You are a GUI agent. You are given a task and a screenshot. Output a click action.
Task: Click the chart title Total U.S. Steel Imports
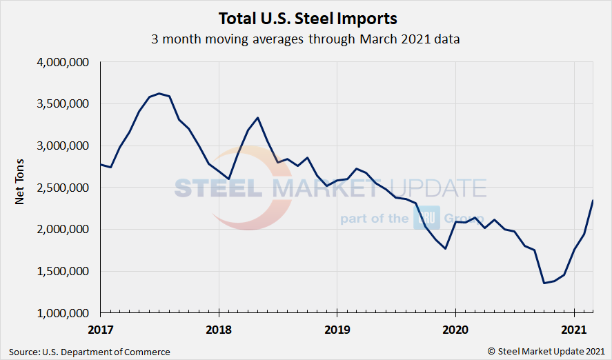pos(306,17)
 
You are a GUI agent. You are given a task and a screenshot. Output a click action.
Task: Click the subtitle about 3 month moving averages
pos(306,39)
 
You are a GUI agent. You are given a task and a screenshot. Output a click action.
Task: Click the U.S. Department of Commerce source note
pos(90,352)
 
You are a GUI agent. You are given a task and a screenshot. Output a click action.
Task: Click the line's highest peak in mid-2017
pos(159,93)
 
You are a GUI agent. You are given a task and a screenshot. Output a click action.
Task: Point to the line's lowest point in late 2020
pos(544,283)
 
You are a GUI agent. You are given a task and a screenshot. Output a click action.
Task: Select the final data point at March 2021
pos(593,200)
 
